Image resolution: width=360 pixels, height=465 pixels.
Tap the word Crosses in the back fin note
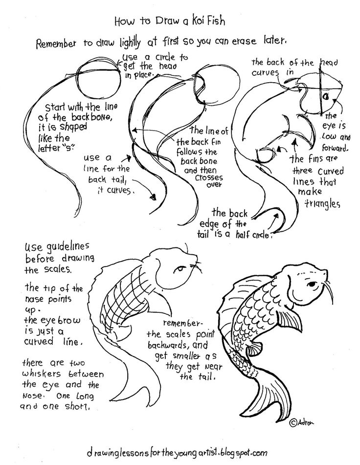[208, 177]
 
